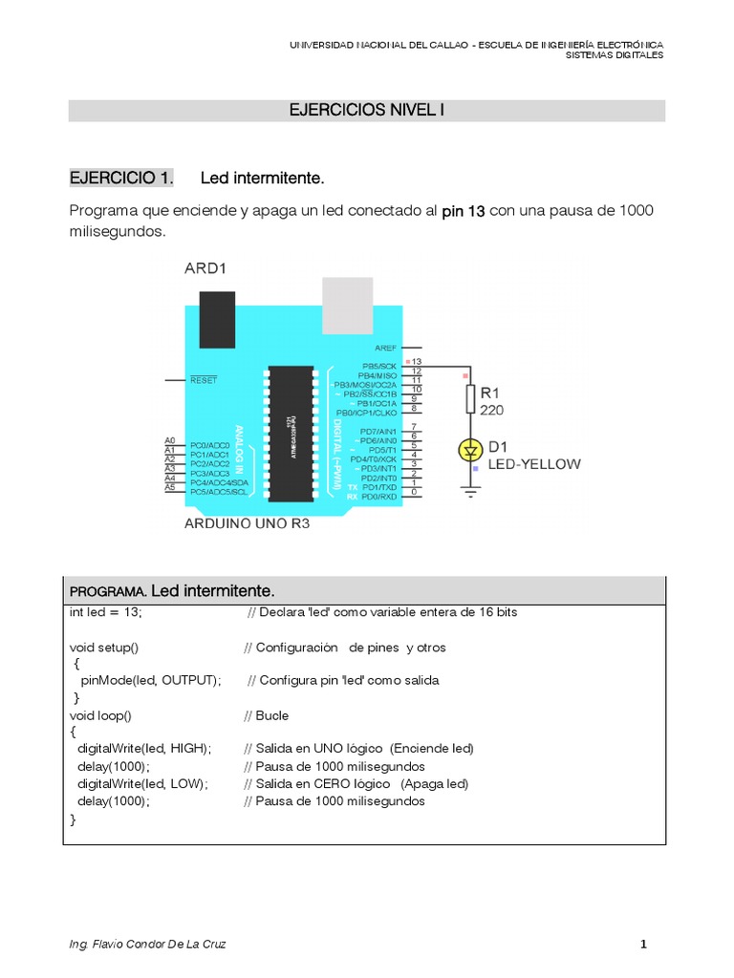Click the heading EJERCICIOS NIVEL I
click(367, 111)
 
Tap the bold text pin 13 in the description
click(464, 211)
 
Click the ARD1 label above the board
click(206, 269)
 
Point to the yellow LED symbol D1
click(470, 448)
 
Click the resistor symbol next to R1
click(470, 398)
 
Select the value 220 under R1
click(492, 411)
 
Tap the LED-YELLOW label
click(533, 465)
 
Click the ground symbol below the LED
click(470, 492)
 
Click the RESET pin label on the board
click(204, 380)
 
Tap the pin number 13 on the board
click(417, 363)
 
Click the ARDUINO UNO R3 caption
click(247, 524)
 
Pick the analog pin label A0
click(169, 440)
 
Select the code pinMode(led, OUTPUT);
click(151, 681)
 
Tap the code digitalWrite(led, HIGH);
click(144, 748)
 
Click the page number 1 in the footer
click(644, 945)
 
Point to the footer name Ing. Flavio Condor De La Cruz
click(148, 945)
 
